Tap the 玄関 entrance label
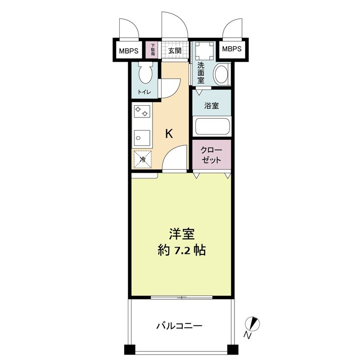tap(175, 50)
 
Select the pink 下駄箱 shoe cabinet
tap(153, 49)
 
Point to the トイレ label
tap(144, 92)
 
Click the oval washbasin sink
tap(221, 75)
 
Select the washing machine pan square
tap(203, 50)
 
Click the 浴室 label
tap(211, 106)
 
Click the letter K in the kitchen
tap(169, 134)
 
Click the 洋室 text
tap(182, 234)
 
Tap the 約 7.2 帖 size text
tap(182, 250)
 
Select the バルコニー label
tap(179, 325)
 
